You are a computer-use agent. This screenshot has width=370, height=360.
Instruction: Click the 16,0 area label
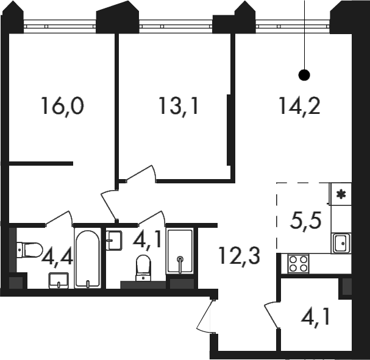pos(62,106)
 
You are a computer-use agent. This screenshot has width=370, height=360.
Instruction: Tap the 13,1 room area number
pos(179,106)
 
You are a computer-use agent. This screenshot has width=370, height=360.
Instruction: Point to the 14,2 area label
pos(299,106)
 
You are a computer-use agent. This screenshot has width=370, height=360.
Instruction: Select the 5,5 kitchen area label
pos(306,221)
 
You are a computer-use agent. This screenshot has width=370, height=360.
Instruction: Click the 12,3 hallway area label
pos(240,255)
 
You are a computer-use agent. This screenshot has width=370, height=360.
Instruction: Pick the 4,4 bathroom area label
pos(57,258)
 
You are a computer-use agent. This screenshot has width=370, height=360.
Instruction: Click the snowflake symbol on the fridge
pos(341,194)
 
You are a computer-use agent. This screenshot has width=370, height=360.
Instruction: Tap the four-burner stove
pos(298,264)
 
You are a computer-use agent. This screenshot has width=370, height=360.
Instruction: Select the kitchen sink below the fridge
pos(341,243)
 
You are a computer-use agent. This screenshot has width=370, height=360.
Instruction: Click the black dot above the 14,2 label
pos(304,75)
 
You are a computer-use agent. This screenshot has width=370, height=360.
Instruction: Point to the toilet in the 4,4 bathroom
pos(30,250)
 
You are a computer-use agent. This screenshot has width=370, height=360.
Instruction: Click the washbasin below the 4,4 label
pos(59,281)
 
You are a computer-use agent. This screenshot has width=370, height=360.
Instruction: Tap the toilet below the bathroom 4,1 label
pos(143,268)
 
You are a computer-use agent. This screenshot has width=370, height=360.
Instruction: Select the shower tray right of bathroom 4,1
pos(180,251)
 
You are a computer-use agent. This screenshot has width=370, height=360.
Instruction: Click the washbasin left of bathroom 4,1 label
pos(114,241)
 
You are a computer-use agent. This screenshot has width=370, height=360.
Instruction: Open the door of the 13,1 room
pos(141,174)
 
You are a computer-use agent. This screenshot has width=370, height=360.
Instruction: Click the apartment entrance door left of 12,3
pos(205,316)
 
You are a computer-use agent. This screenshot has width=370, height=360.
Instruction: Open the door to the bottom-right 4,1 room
pos(272,315)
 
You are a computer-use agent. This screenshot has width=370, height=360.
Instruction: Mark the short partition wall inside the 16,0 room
pos(41,163)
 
